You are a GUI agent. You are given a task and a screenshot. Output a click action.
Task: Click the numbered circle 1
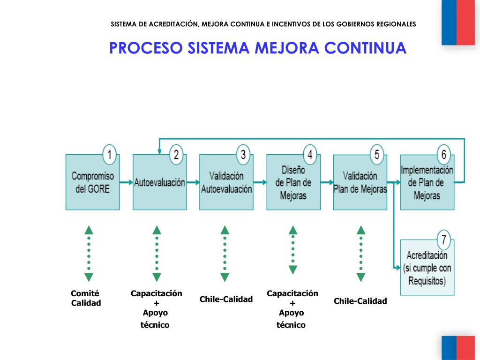point(109,154)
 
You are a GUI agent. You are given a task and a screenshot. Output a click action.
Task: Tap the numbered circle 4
point(310,154)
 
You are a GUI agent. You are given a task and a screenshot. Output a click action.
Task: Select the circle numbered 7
point(444,240)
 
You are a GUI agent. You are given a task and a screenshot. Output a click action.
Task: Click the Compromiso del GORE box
point(92,183)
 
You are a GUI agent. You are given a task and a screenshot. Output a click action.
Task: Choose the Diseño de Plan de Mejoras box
point(293,183)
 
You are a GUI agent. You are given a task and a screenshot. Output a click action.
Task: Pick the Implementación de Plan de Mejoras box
point(427,183)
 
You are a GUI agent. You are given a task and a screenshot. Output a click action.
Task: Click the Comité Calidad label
point(85,298)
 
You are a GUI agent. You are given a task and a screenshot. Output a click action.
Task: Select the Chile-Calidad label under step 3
point(226,299)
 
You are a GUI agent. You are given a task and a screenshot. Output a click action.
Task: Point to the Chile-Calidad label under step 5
point(360,301)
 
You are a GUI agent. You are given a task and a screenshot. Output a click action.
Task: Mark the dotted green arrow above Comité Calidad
point(89,253)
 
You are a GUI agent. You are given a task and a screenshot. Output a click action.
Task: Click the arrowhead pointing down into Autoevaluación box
point(160,151)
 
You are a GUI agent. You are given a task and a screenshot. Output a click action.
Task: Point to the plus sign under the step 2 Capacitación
point(156,303)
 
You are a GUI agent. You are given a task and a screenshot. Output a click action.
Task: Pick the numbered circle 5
point(377,154)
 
